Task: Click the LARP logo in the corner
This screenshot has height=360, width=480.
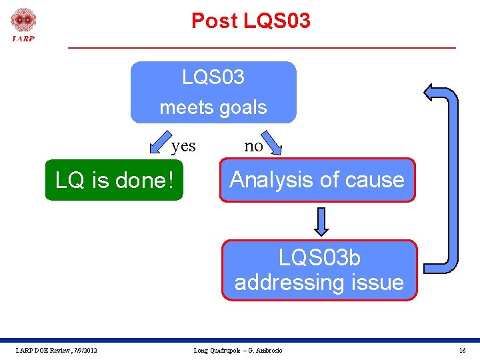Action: pyautogui.click(x=23, y=24)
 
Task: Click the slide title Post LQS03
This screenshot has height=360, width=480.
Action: pyautogui.click(x=251, y=21)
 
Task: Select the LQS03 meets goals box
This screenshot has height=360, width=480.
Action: pyautogui.click(x=213, y=93)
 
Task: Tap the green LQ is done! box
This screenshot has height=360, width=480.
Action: pyautogui.click(x=113, y=179)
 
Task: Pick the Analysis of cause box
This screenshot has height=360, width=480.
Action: pyautogui.click(x=317, y=179)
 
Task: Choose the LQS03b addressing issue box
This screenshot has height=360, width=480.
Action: pyautogui.click(x=319, y=270)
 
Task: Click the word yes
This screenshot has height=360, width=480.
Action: pyautogui.click(x=183, y=146)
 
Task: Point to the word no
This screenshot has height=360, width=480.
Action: pyautogui.click(x=253, y=146)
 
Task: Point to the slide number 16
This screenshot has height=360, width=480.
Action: pyautogui.click(x=462, y=351)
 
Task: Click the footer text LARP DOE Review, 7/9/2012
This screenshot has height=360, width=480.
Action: pyautogui.click(x=57, y=351)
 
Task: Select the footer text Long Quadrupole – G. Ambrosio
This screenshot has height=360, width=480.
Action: pyautogui.click(x=238, y=351)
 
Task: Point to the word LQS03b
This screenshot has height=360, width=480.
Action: pyautogui.click(x=319, y=257)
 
